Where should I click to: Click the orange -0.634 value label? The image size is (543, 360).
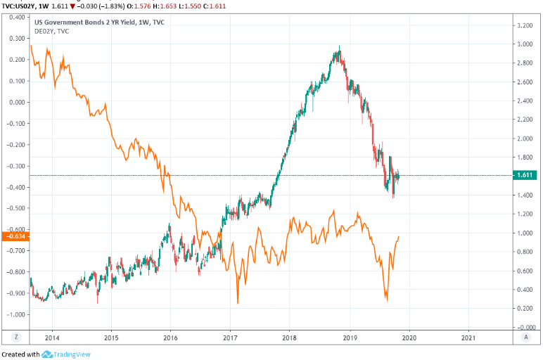tap(15, 237)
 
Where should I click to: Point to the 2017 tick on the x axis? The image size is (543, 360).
tap(230, 337)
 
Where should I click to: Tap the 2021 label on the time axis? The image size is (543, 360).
tap(469, 337)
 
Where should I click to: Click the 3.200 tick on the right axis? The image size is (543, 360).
tap(525, 25)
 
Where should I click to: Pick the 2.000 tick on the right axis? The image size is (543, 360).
tap(525, 139)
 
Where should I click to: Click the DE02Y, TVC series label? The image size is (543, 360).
tap(52, 31)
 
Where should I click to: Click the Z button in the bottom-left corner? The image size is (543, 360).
tap(15, 337)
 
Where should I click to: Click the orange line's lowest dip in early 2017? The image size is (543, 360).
tap(238, 303)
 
